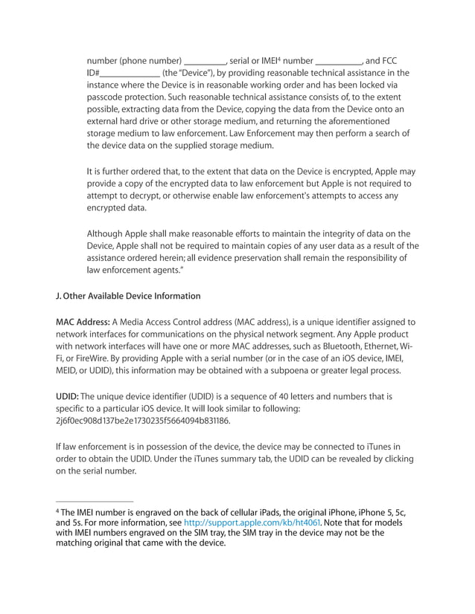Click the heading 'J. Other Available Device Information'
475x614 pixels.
(127, 296)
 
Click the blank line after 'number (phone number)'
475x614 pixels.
(205, 60)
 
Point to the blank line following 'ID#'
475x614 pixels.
(130, 73)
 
